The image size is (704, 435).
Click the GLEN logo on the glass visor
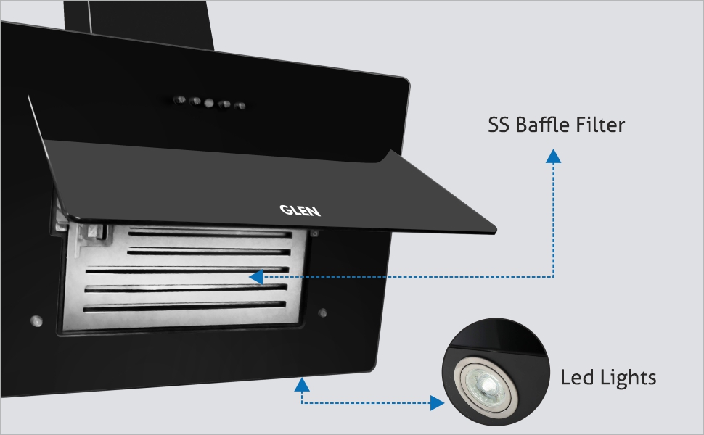coord(300,210)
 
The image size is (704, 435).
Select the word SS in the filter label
coord(499,125)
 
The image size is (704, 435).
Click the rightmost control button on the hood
coord(240,106)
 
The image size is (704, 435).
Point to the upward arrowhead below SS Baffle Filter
coord(554,155)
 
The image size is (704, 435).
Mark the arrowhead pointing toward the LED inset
coord(437,402)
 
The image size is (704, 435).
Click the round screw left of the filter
coord(34,318)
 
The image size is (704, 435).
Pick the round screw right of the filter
coord(322,313)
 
